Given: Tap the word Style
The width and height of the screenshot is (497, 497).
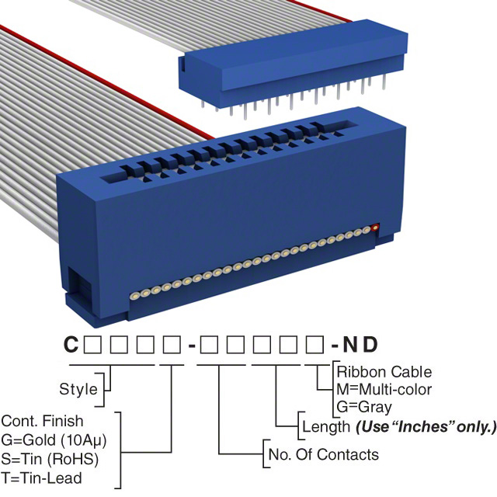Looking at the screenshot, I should (78, 389).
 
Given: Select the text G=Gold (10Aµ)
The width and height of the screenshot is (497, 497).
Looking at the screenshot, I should (54, 440).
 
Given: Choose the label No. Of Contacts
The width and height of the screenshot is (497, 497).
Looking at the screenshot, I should (322, 454).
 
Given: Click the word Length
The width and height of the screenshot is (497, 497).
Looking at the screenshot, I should (325, 426).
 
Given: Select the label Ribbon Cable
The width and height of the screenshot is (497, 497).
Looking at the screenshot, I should (384, 372).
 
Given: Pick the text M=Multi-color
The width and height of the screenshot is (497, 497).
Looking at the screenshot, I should (384, 389).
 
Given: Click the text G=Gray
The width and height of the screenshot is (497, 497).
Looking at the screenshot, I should (364, 406).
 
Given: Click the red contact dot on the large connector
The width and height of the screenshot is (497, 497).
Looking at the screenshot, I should (377, 228).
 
